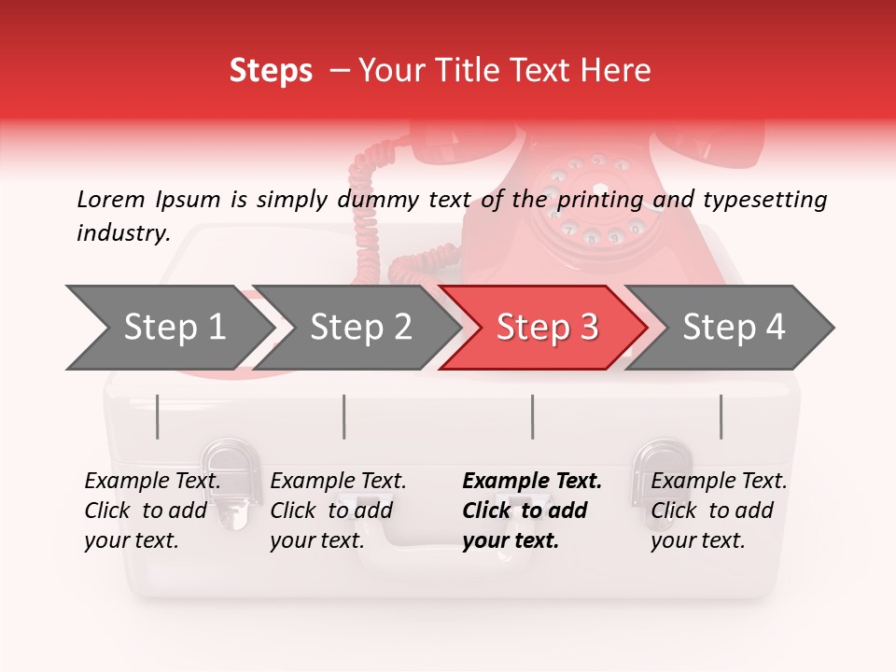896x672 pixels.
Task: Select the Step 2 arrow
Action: point(359,328)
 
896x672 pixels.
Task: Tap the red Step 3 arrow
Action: point(546,328)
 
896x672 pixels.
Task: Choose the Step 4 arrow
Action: point(733,328)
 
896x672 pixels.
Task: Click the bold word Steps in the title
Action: point(271,71)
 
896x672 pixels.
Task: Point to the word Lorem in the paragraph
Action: point(111,199)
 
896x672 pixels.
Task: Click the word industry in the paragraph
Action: point(121,233)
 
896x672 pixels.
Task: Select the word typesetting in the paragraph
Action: point(764,199)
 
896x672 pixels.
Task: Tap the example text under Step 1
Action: point(152,511)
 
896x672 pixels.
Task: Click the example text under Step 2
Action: point(338,511)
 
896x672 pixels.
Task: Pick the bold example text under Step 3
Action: point(532,511)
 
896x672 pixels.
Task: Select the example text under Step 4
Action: point(719,511)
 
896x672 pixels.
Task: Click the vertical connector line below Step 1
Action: point(158,416)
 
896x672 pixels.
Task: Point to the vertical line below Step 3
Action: point(533,416)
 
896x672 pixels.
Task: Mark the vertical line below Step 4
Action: point(721,416)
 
